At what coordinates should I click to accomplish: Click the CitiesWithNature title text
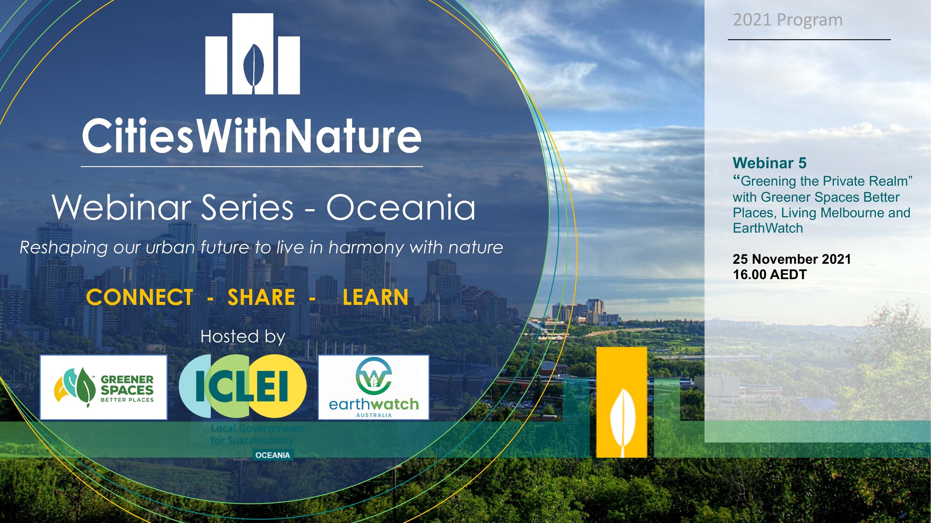tap(252, 136)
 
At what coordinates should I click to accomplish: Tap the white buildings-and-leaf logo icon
tap(252, 54)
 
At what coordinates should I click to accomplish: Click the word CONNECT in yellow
tap(140, 298)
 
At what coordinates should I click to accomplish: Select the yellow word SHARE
tap(261, 298)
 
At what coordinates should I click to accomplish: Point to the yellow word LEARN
tap(375, 298)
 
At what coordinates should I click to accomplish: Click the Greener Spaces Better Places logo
tap(104, 387)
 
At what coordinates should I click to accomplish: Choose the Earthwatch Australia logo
tap(374, 387)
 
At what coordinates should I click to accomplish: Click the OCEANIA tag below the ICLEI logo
tap(273, 455)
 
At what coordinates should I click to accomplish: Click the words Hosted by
tap(243, 337)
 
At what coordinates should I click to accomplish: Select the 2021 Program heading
tap(788, 20)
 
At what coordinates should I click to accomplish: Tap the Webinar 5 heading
tap(769, 163)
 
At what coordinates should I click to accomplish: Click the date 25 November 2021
tap(792, 259)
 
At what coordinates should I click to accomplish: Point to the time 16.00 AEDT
tap(769, 275)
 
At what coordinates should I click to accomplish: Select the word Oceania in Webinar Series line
tap(401, 207)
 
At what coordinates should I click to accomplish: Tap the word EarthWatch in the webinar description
tap(768, 228)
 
